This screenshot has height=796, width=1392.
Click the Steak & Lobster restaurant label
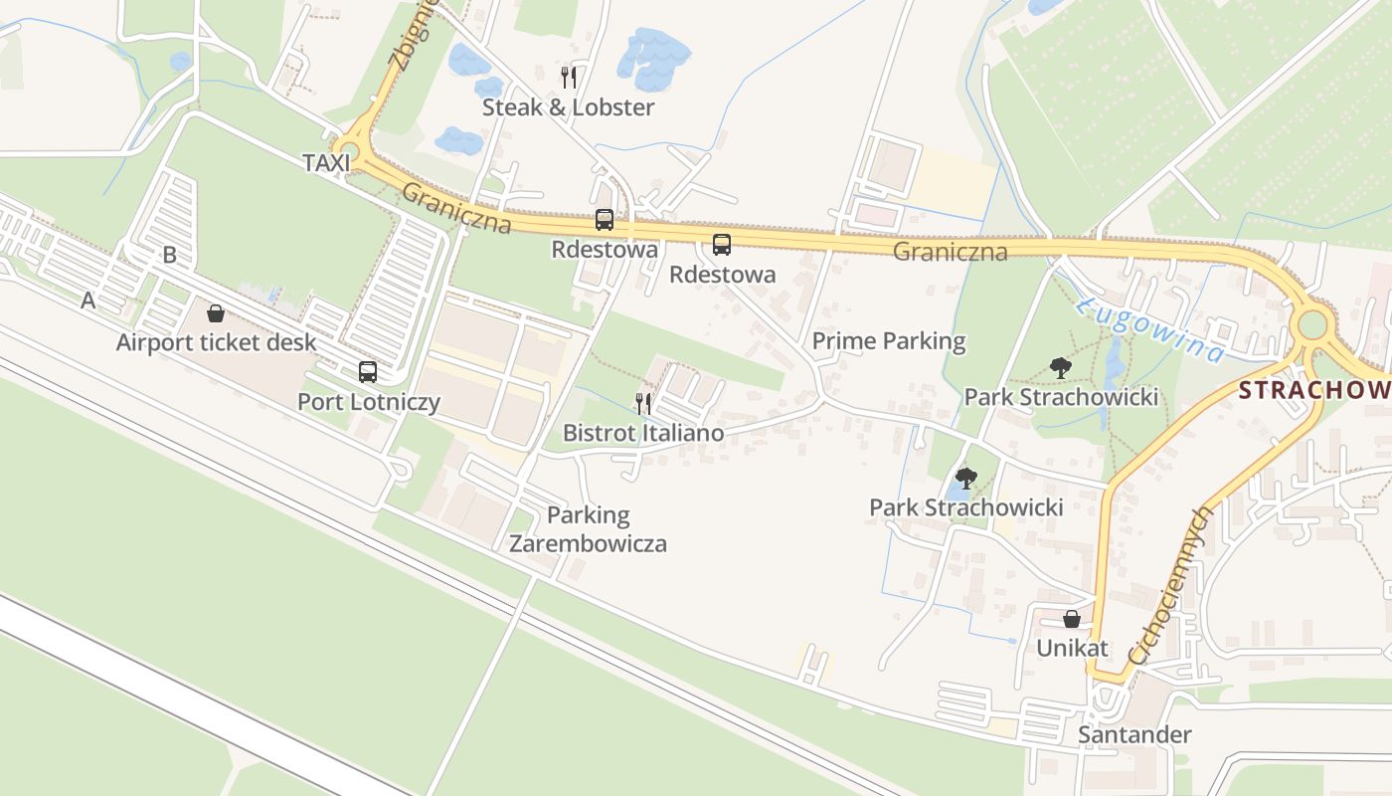click(x=568, y=107)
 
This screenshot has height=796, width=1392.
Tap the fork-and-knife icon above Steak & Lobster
click(x=568, y=77)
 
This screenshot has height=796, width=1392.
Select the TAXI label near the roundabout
click(x=326, y=163)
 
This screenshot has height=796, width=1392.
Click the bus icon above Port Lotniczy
click(x=368, y=372)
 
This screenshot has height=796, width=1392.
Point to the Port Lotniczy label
click(x=368, y=402)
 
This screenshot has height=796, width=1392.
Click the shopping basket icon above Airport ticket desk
click(x=216, y=313)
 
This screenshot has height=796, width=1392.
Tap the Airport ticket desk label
click(x=216, y=342)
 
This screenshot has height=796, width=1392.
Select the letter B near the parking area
click(x=169, y=255)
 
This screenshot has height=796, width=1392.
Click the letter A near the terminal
click(x=88, y=299)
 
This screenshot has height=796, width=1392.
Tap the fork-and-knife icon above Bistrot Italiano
click(x=643, y=403)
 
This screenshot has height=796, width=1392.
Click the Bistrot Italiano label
click(x=643, y=433)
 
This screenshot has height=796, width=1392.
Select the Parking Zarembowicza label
click(x=588, y=529)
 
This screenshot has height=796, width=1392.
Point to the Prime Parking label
click(x=889, y=341)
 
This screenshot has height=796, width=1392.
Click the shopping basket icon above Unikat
click(x=1072, y=619)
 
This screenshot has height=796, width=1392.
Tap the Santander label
click(x=1134, y=735)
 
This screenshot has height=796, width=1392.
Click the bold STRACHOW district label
click(x=1313, y=390)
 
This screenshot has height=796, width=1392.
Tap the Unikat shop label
click(x=1072, y=648)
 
